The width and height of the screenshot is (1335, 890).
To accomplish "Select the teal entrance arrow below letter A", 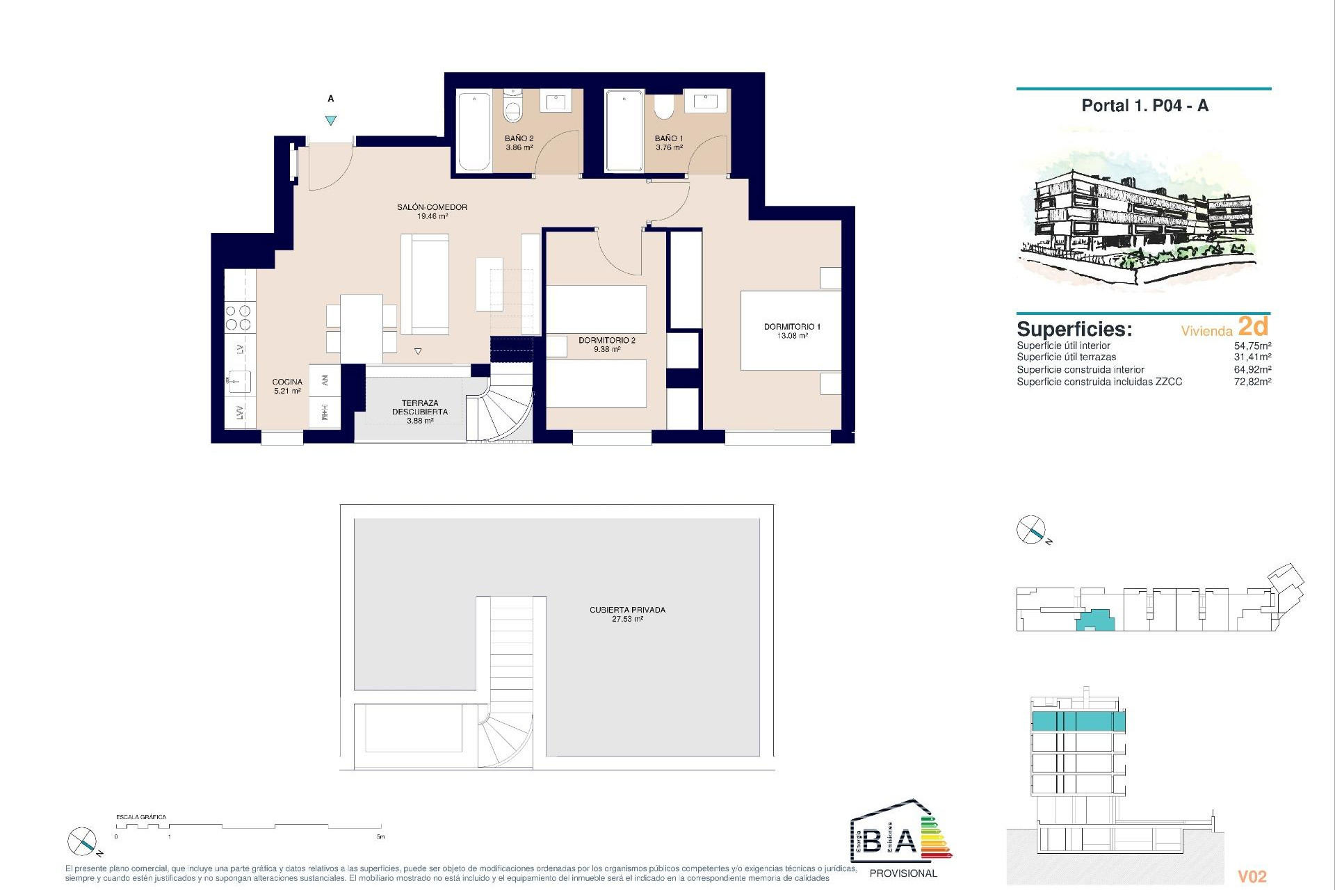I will (331, 120).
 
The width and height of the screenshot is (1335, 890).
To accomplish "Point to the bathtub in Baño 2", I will (474, 131).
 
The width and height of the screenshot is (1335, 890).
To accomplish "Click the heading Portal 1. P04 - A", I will (1144, 106).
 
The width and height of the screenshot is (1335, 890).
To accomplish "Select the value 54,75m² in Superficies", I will (1252, 346).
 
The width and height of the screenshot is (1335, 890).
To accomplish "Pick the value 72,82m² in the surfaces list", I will (1252, 382).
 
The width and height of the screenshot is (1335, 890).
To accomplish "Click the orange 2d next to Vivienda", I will (1253, 326).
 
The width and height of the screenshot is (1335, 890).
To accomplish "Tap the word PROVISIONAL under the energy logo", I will (903, 873).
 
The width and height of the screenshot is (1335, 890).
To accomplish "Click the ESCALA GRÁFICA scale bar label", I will (141, 817).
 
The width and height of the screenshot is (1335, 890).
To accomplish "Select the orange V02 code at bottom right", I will (1252, 877).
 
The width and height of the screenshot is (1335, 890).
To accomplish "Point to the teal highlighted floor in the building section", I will (1078, 721).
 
